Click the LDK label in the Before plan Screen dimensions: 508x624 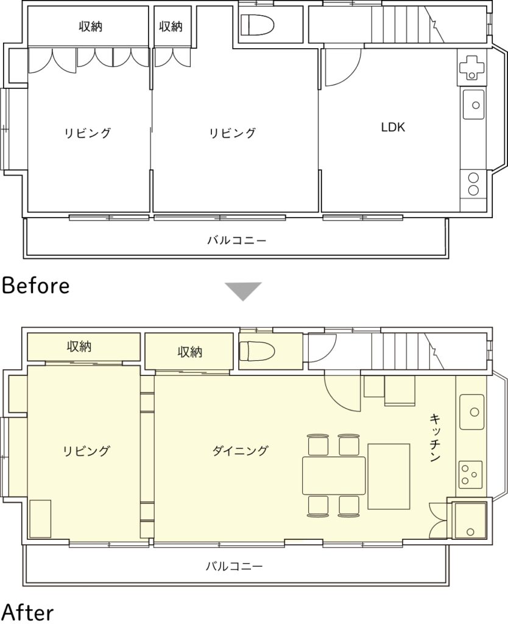(x=393, y=127)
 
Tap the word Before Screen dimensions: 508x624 (x=36, y=286)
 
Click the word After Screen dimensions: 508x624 (x=28, y=613)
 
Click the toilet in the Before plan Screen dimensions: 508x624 (x=258, y=25)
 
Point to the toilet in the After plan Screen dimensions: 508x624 (x=258, y=351)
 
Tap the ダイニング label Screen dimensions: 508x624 (x=240, y=450)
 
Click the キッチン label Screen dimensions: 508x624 (x=435, y=438)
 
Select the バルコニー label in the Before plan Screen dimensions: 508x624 (x=236, y=240)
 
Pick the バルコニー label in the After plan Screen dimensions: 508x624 (x=235, y=566)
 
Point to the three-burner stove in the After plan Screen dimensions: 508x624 (x=471, y=474)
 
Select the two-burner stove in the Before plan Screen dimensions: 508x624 (x=473, y=183)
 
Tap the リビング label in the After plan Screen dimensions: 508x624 (x=86, y=451)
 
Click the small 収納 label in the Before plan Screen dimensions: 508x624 (x=171, y=26)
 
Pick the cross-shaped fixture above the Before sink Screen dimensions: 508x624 (x=472, y=67)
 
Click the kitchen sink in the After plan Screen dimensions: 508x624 (x=472, y=412)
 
